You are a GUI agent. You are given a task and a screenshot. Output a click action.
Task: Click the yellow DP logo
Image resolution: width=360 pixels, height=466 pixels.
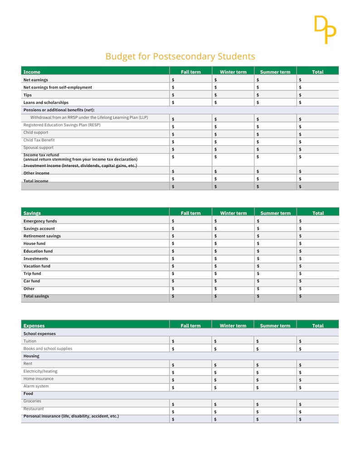pos(325,29)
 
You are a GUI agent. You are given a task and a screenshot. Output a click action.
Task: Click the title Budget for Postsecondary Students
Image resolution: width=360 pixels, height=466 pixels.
pos(180,57)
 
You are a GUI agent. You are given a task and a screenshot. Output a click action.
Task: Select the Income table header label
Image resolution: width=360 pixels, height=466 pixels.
pos(32,72)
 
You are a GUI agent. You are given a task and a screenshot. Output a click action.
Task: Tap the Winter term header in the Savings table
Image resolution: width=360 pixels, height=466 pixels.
pos(233,213)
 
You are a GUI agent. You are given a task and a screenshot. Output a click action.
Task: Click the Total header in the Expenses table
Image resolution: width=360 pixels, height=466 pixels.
pos(317,325)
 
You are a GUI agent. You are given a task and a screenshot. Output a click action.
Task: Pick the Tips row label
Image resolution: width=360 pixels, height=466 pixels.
pos(28,95)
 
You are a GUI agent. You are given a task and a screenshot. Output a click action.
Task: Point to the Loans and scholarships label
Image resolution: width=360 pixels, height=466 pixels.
pos(46,102)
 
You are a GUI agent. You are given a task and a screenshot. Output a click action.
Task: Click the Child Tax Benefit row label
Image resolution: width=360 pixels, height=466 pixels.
pos(39,140)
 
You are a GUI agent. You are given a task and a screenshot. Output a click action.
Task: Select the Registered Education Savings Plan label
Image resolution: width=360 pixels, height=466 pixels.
pos(62,125)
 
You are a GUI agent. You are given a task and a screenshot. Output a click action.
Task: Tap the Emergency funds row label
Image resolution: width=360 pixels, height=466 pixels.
pos(40,221)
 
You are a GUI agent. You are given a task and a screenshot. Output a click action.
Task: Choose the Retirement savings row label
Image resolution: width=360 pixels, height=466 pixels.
pos(42,236)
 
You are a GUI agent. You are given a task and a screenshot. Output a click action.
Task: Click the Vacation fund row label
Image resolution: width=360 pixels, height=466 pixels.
pos(37,266)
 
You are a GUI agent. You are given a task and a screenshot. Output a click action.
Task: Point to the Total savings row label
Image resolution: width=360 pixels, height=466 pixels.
pos(36,296)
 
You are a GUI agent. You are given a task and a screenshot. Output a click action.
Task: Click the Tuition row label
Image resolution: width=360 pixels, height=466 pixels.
pos(30,341)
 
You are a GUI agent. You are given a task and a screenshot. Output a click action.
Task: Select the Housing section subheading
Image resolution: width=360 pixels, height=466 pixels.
pos(31,356)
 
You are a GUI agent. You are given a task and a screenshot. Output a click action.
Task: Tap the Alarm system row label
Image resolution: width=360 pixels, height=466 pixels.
pos(36,386)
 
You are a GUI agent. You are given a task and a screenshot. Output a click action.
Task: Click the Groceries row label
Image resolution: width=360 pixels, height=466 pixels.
pos(32,401)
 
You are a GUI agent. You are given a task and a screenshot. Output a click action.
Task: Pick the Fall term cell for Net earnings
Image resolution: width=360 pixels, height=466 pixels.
pos(190,80)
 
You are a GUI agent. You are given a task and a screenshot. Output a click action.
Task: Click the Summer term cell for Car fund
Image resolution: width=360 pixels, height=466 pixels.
pos(275,281)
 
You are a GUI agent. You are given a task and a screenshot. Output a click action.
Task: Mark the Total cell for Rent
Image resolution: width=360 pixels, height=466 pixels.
pos(317,364)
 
